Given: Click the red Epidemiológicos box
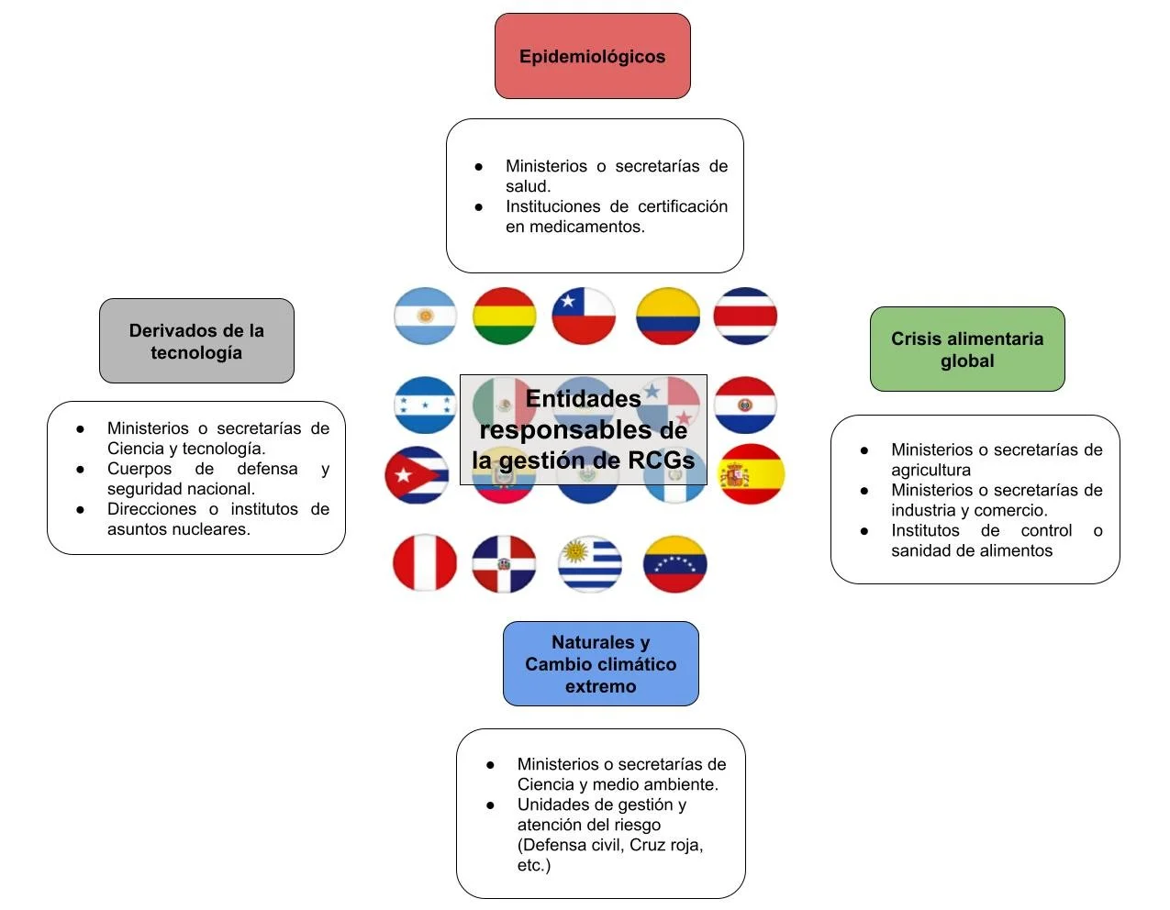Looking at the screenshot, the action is tap(592, 56).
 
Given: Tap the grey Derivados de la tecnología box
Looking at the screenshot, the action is tap(196, 340).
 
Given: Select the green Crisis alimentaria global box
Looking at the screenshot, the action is tap(967, 349).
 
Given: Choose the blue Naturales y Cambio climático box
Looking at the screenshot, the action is tap(601, 663).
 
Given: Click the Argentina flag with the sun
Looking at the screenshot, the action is tap(426, 316).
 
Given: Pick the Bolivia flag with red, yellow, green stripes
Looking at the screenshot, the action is tap(505, 316).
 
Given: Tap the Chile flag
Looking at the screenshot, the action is tap(584, 316).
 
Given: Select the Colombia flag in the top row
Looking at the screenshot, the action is tap(668, 316).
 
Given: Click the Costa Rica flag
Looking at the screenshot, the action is tap(745, 316).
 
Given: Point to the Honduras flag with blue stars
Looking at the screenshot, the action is tap(426, 405).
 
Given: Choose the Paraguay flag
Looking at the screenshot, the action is tap(745, 405).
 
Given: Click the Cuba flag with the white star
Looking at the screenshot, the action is tap(417, 474).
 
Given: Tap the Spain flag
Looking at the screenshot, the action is tap(752, 474).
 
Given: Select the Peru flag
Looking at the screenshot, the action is tap(425, 563).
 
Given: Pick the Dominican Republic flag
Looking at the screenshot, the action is tap(504, 564).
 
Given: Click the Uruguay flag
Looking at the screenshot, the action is tap(589, 564).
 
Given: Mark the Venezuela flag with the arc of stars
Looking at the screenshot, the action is tap(674, 564).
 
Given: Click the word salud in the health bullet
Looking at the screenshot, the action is tap(527, 186).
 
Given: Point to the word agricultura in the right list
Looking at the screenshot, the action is tap(930, 470).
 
